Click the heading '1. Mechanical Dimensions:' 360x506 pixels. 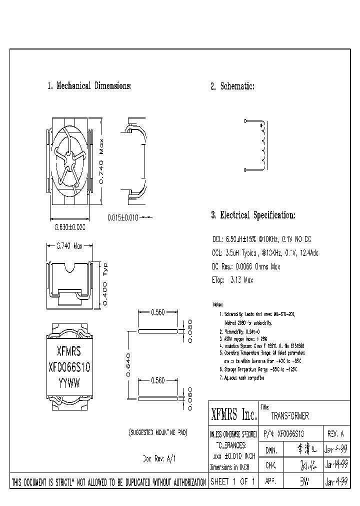click(89, 86)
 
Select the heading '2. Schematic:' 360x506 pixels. click(232, 86)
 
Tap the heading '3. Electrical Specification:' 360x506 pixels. click(253, 215)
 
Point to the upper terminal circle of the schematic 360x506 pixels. click(245, 121)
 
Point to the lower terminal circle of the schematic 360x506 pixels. click(245, 170)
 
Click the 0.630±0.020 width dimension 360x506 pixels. click(69, 227)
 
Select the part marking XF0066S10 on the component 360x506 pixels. click(69, 366)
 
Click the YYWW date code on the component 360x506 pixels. click(69, 381)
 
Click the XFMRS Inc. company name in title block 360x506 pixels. click(233, 415)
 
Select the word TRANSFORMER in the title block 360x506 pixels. click(289, 416)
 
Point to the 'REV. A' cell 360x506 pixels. click(335, 433)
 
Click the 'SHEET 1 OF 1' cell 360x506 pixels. click(232, 482)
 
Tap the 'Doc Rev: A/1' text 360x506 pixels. click(159, 457)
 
